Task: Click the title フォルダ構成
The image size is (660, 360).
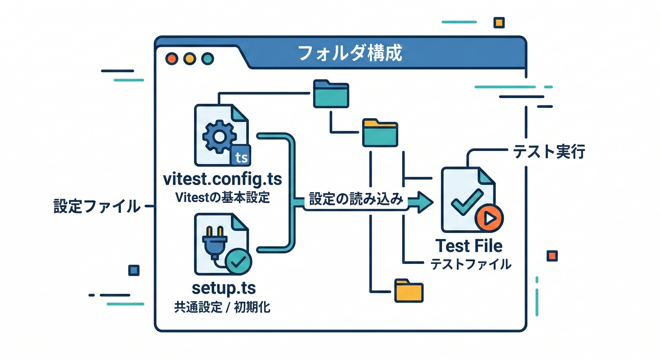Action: (x=350, y=53)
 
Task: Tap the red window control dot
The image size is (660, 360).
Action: (x=172, y=59)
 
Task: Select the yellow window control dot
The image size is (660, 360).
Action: (x=189, y=59)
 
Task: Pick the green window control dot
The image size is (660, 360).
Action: (x=207, y=59)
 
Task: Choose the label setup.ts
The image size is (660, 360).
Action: (x=224, y=287)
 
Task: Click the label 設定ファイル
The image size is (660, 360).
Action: (x=97, y=206)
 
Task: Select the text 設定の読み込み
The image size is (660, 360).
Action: (x=356, y=199)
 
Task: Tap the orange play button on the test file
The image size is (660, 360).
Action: (x=488, y=218)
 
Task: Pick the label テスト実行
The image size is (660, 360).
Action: (x=549, y=152)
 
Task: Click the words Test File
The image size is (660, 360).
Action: (x=469, y=246)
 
